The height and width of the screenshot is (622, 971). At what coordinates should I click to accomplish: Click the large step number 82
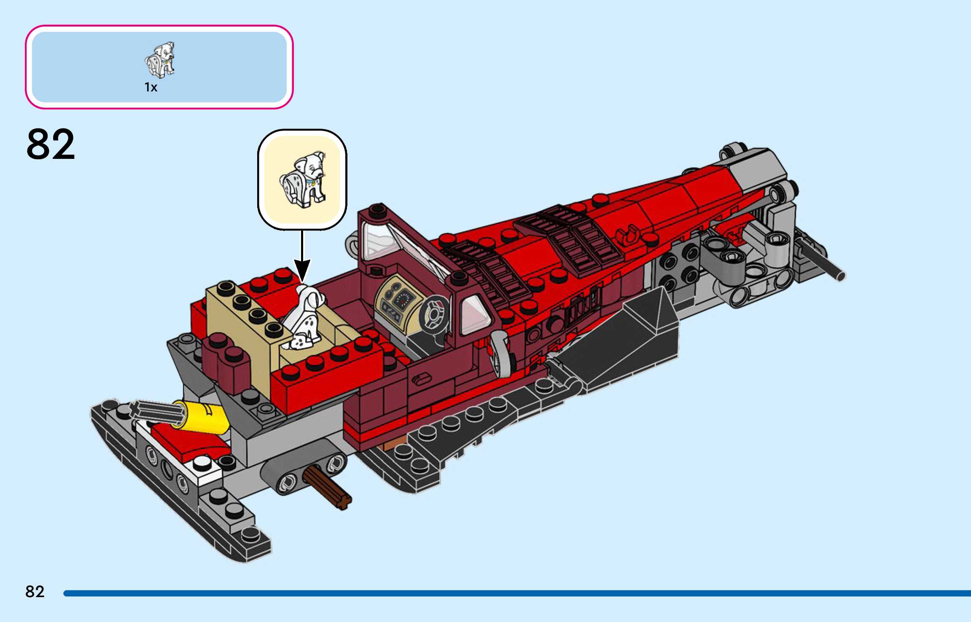click(51, 144)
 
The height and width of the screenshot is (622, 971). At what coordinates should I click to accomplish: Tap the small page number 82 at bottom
click(35, 592)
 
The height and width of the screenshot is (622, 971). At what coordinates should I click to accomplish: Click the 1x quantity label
click(151, 87)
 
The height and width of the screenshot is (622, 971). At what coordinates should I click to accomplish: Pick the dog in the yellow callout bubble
click(303, 179)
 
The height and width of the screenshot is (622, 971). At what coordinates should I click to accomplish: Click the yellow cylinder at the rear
click(207, 417)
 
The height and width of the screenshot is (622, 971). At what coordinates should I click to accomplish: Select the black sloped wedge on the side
click(624, 337)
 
